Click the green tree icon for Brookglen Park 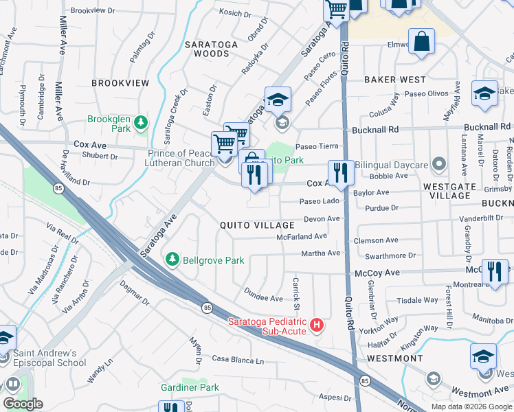pos(141,122)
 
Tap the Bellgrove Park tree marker pos(172,260)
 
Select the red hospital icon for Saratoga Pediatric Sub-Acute pos(317,324)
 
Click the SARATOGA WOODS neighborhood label pos(206,49)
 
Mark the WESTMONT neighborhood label pos(394,358)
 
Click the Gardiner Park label pos(190,387)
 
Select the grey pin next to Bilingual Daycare pos(435,165)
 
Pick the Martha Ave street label pos(320,253)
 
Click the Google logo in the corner pos(23,404)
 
